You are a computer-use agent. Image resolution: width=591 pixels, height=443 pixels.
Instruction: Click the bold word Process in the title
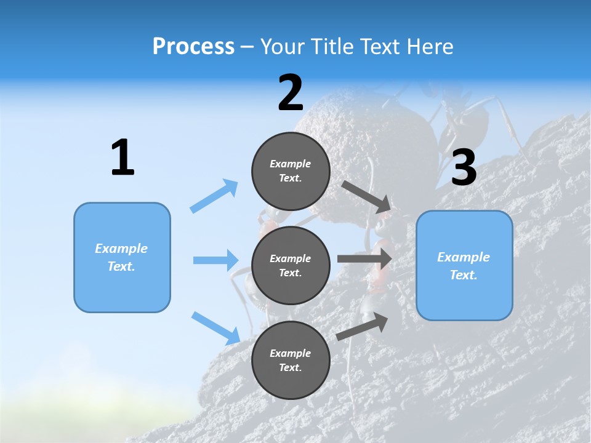(x=193, y=47)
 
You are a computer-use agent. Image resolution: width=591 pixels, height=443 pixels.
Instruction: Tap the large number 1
(x=123, y=158)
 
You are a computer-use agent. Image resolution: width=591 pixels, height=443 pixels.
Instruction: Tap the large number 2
(x=291, y=93)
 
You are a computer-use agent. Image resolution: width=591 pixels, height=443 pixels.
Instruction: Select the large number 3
(x=464, y=167)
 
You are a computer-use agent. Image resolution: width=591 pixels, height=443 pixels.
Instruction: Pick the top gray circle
(x=291, y=171)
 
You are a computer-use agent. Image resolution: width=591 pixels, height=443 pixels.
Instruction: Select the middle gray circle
(x=291, y=265)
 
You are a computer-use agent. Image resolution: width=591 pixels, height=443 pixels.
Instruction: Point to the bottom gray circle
(x=291, y=360)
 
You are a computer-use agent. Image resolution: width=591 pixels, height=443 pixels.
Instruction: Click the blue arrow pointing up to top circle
(x=214, y=196)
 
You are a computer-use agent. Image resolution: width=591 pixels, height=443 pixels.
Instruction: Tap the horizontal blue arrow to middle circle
(x=215, y=260)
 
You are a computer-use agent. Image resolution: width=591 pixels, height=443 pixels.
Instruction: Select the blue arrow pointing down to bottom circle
(x=215, y=327)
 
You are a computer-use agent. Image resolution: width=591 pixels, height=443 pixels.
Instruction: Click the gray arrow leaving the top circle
(x=366, y=196)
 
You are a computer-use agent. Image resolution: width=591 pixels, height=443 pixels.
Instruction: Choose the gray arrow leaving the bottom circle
(x=362, y=327)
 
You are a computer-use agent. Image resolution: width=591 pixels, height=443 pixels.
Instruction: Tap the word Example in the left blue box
(x=121, y=249)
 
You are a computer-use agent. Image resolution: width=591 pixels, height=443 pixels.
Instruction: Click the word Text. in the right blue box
(x=464, y=275)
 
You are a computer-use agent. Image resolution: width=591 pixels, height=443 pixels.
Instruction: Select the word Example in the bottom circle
(x=291, y=353)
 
